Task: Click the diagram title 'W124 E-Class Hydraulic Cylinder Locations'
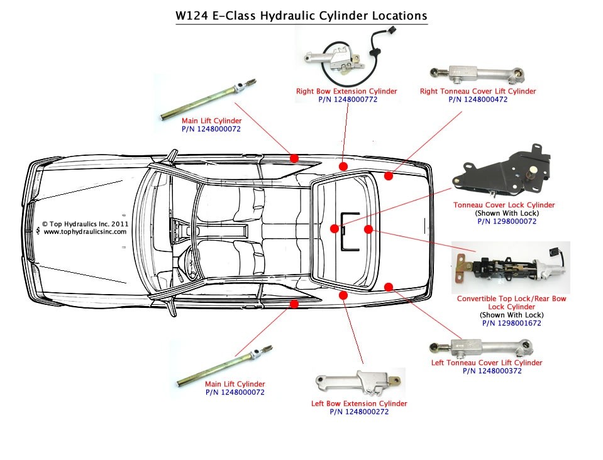[301, 15]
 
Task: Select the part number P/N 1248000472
[478, 99]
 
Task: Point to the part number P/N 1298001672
[511, 323]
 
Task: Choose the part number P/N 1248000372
[486, 371]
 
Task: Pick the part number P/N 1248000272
[359, 412]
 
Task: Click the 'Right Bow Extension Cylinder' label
[346, 91]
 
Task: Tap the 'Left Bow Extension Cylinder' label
[359, 403]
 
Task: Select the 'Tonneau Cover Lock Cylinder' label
[504, 205]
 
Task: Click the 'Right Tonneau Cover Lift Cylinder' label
[478, 91]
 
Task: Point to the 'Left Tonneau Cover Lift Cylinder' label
[486, 363]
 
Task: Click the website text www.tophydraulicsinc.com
[85, 232]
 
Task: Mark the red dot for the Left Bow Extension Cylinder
[343, 295]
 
